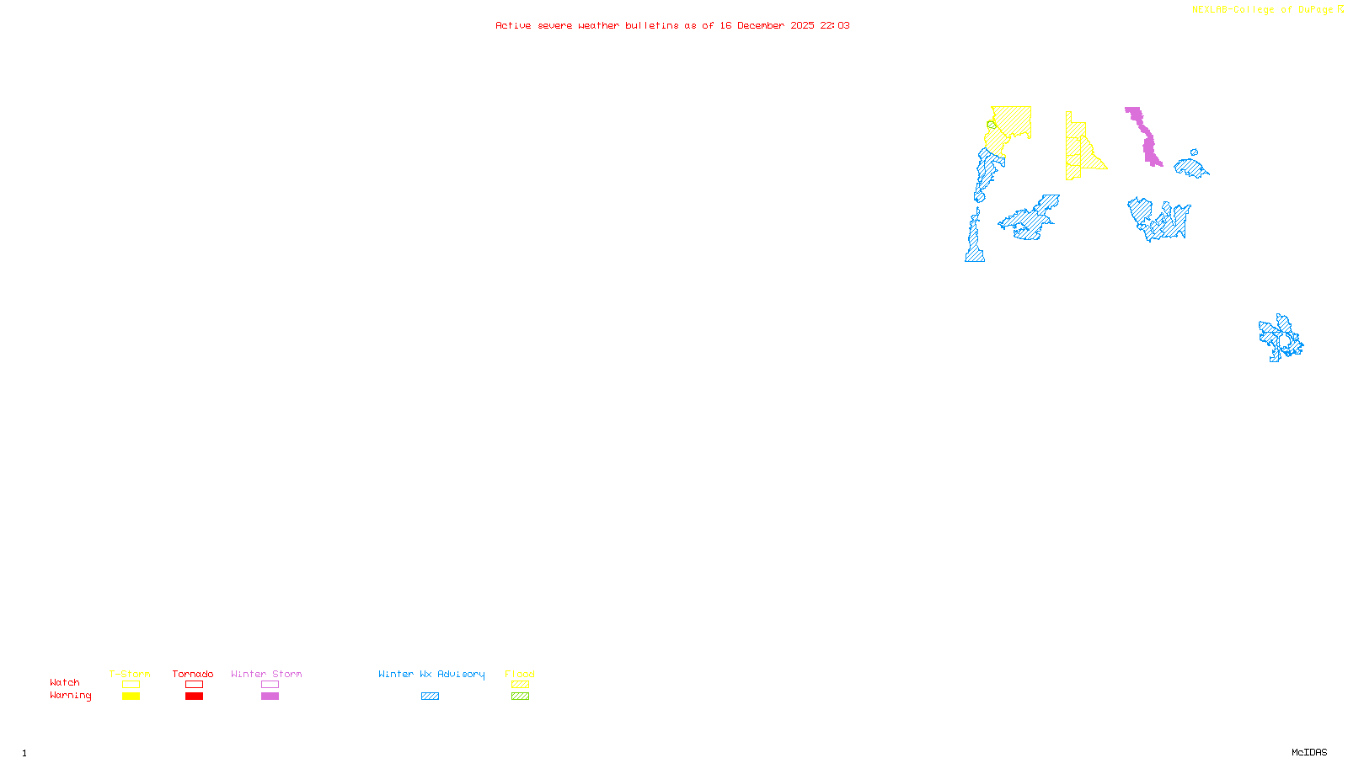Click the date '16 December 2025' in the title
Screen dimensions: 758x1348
767,26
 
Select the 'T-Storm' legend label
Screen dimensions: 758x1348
130,674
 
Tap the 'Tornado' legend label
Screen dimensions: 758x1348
193,674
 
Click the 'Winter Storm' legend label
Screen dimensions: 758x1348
266,674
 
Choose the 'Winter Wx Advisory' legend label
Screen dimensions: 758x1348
431,674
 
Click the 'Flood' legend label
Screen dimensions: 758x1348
520,674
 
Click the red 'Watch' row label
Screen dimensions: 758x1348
65,682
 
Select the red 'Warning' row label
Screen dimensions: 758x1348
71,696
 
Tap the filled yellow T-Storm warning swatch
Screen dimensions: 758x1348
131,697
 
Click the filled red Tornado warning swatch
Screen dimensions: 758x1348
194,697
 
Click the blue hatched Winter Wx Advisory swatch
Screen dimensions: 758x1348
430,697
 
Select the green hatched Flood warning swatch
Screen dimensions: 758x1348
520,697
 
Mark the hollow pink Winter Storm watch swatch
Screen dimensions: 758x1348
270,685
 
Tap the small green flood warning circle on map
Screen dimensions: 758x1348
992,125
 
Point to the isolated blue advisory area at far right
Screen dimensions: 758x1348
1281,338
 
